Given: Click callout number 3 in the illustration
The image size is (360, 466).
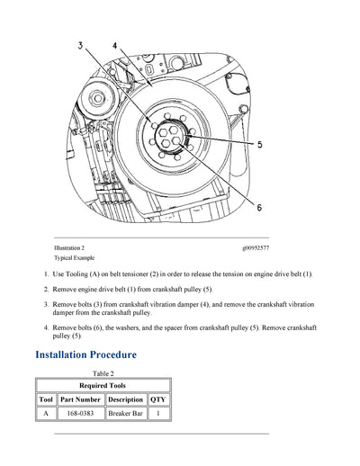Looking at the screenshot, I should pyautogui.click(x=80, y=45).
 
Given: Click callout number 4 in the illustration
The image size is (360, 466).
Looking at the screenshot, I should pyautogui.click(x=114, y=45).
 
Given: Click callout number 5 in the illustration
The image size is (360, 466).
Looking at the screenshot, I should pyautogui.click(x=259, y=144).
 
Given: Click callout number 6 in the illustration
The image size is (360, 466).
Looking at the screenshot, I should pyautogui.click(x=259, y=207).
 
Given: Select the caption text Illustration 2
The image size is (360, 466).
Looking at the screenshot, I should pyautogui.click(x=69, y=247).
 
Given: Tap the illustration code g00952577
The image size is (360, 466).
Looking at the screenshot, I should pyautogui.click(x=255, y=247).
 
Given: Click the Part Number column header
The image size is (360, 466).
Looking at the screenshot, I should pyautogui.click(x=80, y=399).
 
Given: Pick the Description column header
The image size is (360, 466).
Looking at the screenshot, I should pyautogui.click(x=125, y=399).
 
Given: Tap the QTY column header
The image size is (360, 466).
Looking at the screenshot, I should pyautogui.click(x=158, y=399).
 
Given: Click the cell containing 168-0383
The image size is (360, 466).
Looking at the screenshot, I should pyautogui.click(x=80, y=413).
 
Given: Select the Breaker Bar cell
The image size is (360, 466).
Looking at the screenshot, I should pyautogui.click(x=125, y=413).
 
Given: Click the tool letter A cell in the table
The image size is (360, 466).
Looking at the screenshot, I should pyautogui.click(x=46, y=413).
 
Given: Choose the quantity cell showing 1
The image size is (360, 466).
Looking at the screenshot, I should pyautogui.click(x=158, y=413).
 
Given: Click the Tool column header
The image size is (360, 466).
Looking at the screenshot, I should pyautogui.click(x=46, y=399).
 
